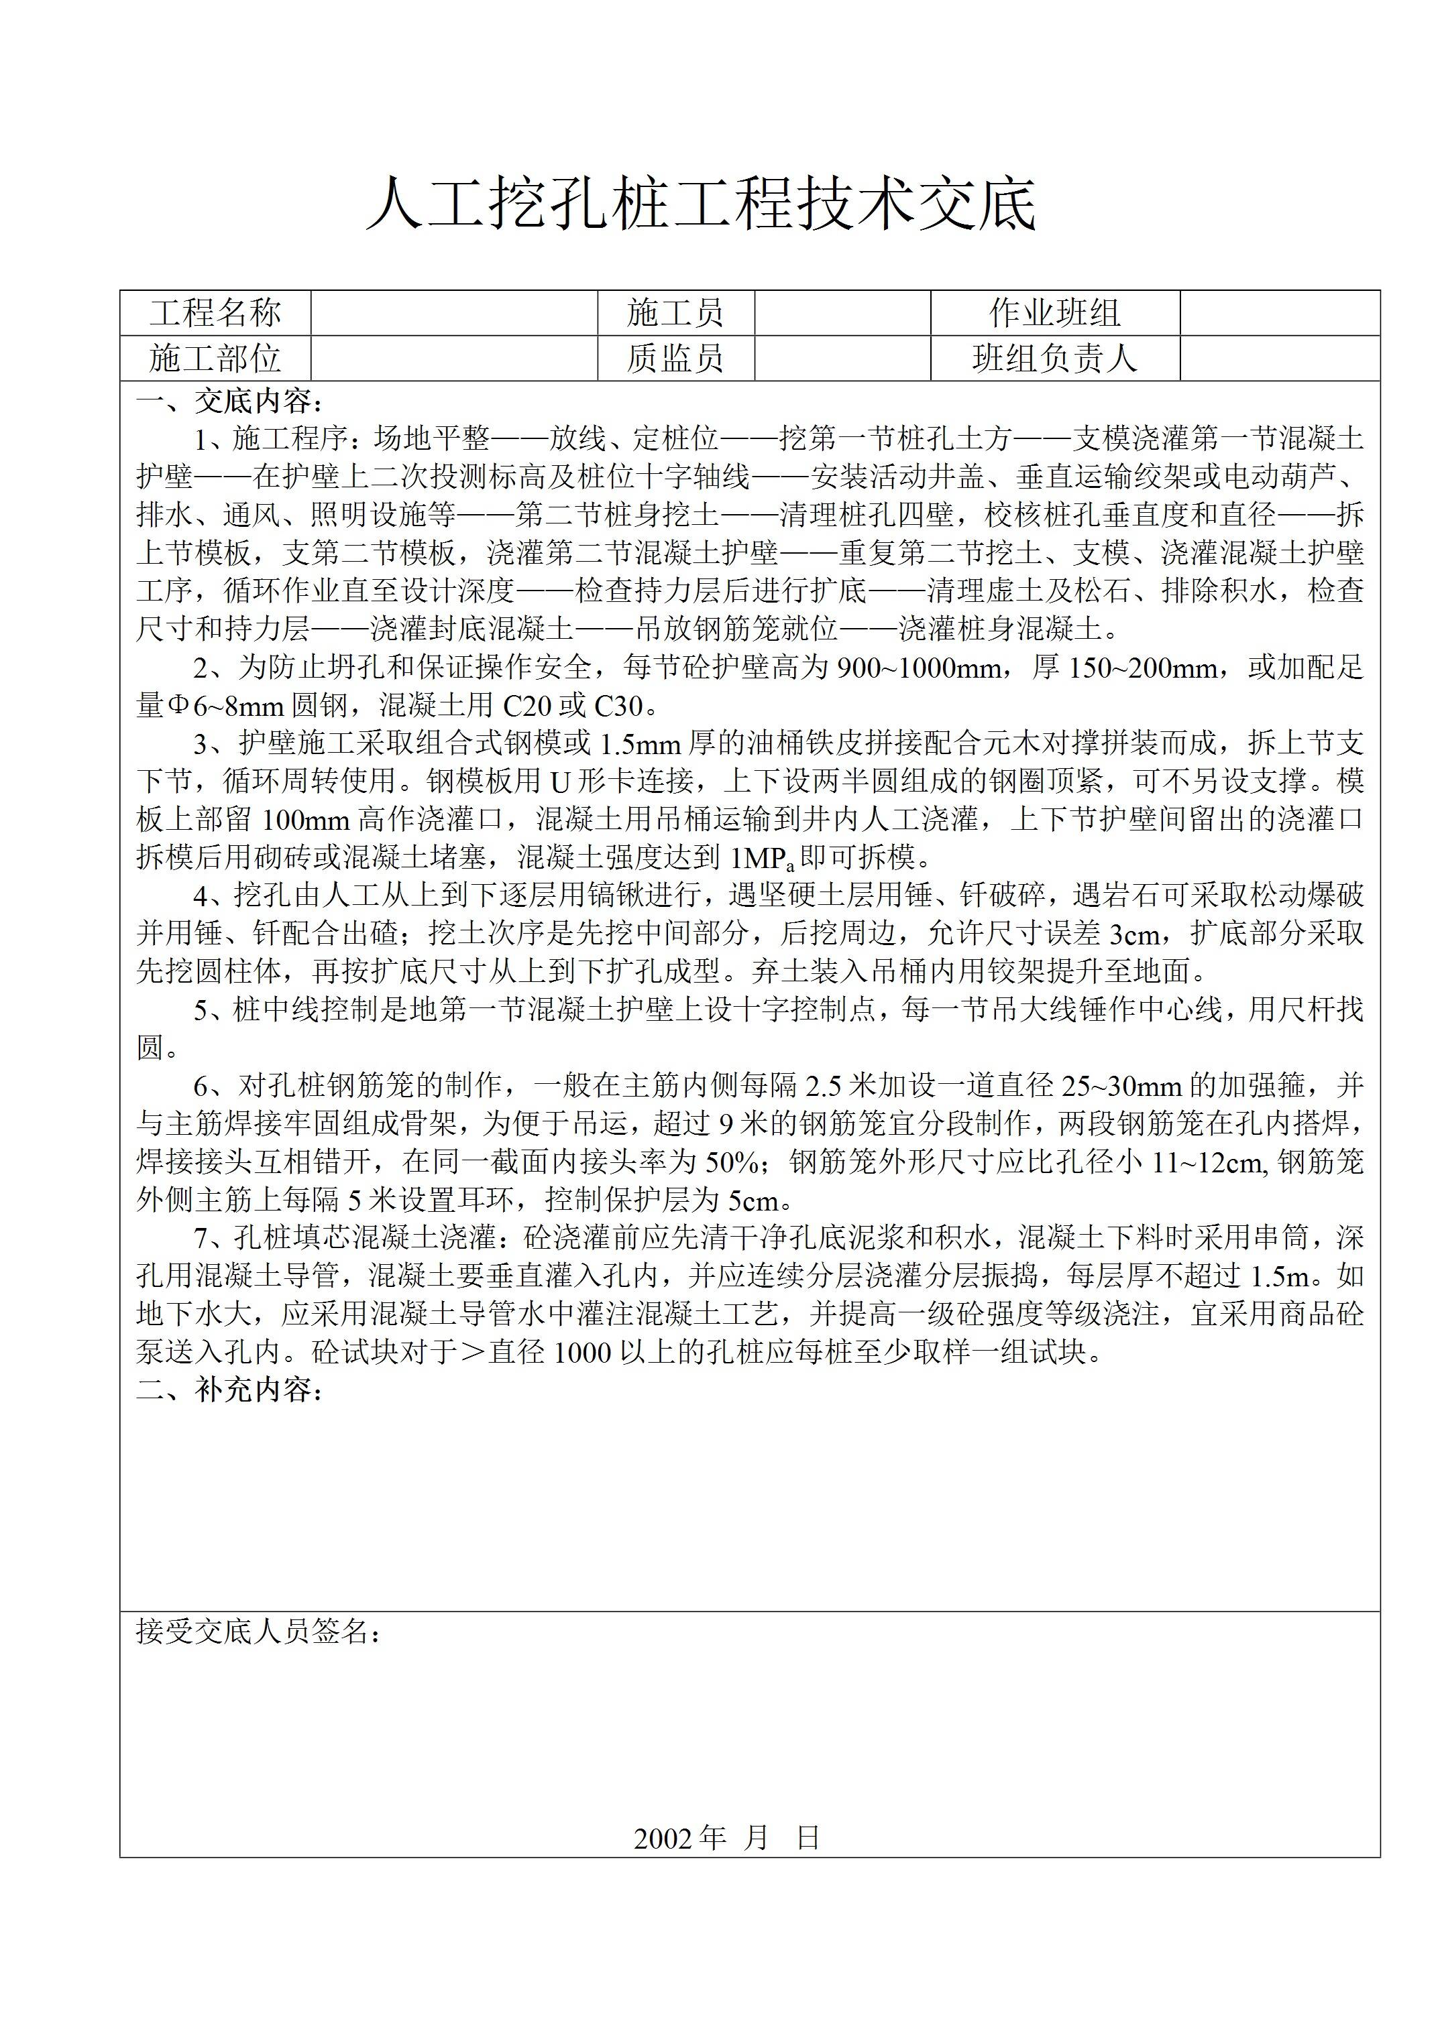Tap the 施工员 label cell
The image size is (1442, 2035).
click(x=675, y=313)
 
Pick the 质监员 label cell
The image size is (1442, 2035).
click(x=675, y=359)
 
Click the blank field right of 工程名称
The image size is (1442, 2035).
click(x=454, y=313)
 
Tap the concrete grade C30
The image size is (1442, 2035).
click(x=617, y=706)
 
